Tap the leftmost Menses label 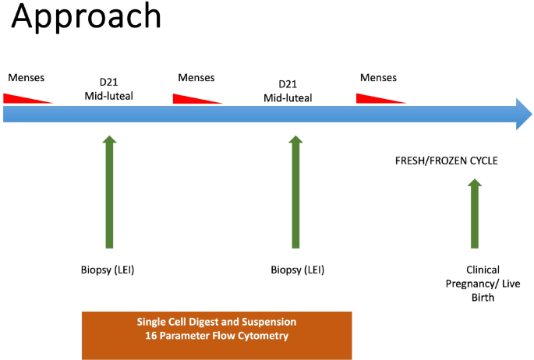(x=26, y=78)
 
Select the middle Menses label (x=196, y=78)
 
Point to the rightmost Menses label (x=378, y=78)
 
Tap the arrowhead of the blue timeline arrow (x=522, y=115)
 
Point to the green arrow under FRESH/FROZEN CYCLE (x=474, y=214)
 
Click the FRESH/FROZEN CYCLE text (x=447, y=161)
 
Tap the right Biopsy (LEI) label (x=297, y=270)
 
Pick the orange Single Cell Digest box (x=217, y=335)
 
